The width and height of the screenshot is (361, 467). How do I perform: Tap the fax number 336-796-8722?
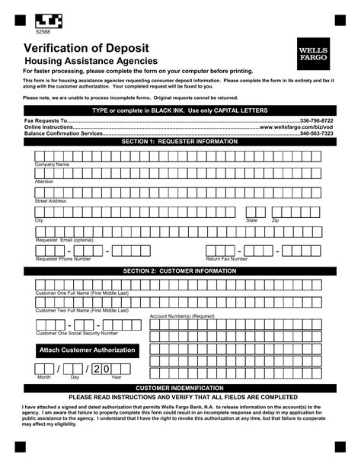coord(318,120)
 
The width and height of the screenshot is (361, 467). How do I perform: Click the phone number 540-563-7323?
coord(318,133)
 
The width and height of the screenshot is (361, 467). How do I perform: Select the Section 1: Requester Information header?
coord(180,142)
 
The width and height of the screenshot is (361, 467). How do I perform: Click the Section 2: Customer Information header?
coord(180,270)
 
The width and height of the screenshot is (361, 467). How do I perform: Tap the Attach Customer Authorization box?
coord(87,350)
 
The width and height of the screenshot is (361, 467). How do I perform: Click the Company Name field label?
coord(52,165)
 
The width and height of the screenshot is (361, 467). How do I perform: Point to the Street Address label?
coord(51,200)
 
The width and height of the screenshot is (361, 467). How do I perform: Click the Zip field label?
coord(276,220)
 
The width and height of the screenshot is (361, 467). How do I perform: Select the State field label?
coord(251,220)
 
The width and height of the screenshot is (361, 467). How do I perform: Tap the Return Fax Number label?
coord(226,259)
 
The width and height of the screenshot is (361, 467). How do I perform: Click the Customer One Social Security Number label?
coord(77,333)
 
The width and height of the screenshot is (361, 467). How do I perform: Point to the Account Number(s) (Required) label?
coord(181,315)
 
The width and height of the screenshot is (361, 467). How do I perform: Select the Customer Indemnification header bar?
coord(180,388)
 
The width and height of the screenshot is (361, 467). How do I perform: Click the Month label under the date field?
coord(43,377)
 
